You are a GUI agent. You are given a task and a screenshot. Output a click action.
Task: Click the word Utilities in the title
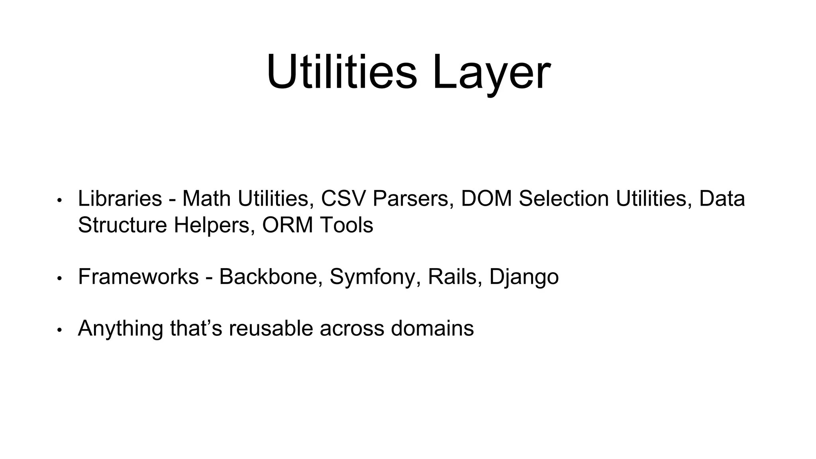click(x=342, y=73)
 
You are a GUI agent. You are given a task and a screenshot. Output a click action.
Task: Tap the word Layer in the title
click(x=491, y=73)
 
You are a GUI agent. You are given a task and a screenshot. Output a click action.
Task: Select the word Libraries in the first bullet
click(x=120, y=198)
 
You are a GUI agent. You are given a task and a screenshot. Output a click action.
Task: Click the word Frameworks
click(x=138, y=277)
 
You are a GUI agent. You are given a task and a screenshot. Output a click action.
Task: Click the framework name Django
click(x=524, y=277)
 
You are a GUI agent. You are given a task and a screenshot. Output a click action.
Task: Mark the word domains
click(x=432, y=328)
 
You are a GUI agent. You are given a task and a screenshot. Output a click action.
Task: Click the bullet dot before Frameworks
click(x=59, y=279)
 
